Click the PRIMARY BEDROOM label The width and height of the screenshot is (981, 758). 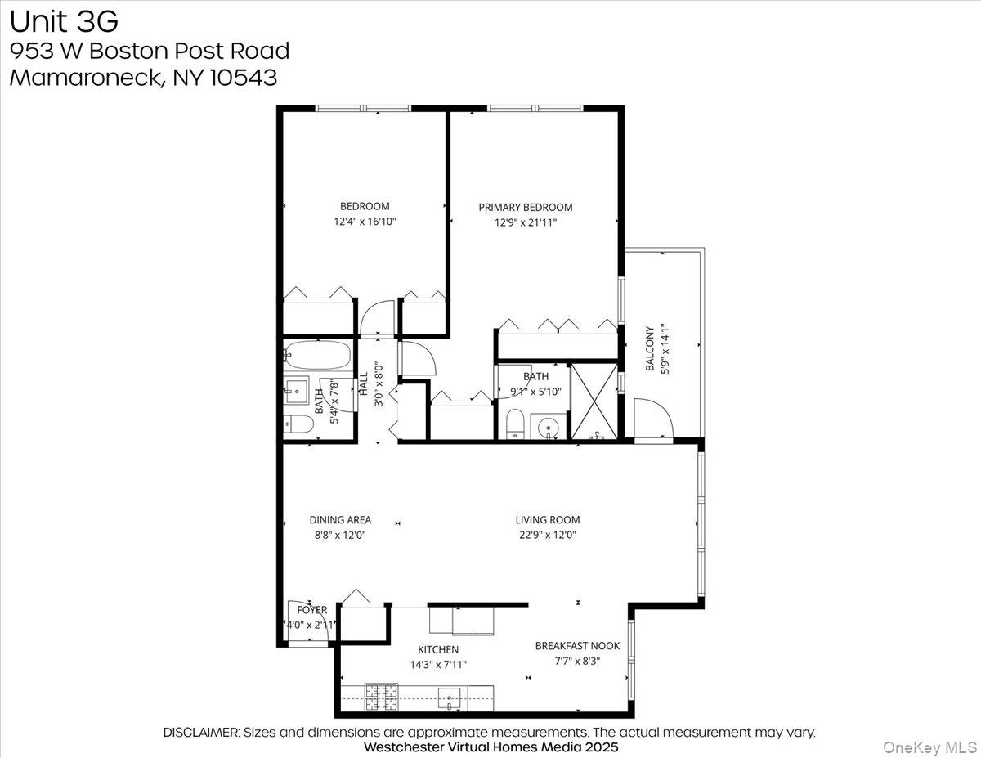pyautogui.click(x=525, y=208)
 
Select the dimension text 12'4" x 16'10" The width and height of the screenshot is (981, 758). pyautogui.click(x=365, y=222)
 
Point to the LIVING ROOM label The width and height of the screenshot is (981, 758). pyautogui.click(x=547, y=519)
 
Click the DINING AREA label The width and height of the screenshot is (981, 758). pyautogui.click(x=340, y=519)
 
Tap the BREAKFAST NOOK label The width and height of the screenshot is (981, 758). pyautogui.click(x=577, y=646)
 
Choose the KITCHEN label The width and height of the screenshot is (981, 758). pyautogui.click(x=439, y=649)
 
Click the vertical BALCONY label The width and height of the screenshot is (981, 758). pyautogui.click(x=650, y=349)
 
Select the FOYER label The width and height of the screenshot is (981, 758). pyautogui.click(x=311, y=610)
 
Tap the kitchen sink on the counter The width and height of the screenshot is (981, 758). pyautogui.click(x=450, y=697)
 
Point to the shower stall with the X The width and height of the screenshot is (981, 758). pyautogui.click(x=594, y=401)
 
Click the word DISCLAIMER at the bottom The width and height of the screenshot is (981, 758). pyautogui.click(x=201, y=733)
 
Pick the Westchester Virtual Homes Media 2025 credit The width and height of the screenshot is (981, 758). pyautogui.click(x=490, y=747)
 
